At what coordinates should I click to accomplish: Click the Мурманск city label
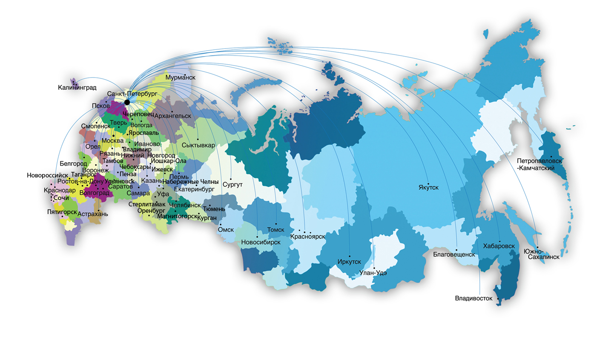point(180,78)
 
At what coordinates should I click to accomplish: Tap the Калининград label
point(77,88)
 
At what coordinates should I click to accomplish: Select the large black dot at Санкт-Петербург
point(127,102)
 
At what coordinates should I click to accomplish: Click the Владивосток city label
point(473,298)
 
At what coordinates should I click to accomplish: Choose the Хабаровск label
point(499,246)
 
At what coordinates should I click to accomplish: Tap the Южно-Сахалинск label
point(542,254)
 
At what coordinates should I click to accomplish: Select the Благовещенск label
point(453,254)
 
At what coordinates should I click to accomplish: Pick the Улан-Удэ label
point(373,273)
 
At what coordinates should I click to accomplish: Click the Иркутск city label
point(349,261)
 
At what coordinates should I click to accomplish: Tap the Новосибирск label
point(261,242)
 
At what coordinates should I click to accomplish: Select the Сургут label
point(232,185)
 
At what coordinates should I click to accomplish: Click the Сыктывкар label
point(198,145)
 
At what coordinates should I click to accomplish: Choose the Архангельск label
point(173,116)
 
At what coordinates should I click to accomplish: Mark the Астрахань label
point(93,214)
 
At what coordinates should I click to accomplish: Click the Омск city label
point(226,229)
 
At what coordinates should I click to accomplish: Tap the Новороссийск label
point(47,175)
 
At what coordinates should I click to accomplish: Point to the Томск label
point(275,229)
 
